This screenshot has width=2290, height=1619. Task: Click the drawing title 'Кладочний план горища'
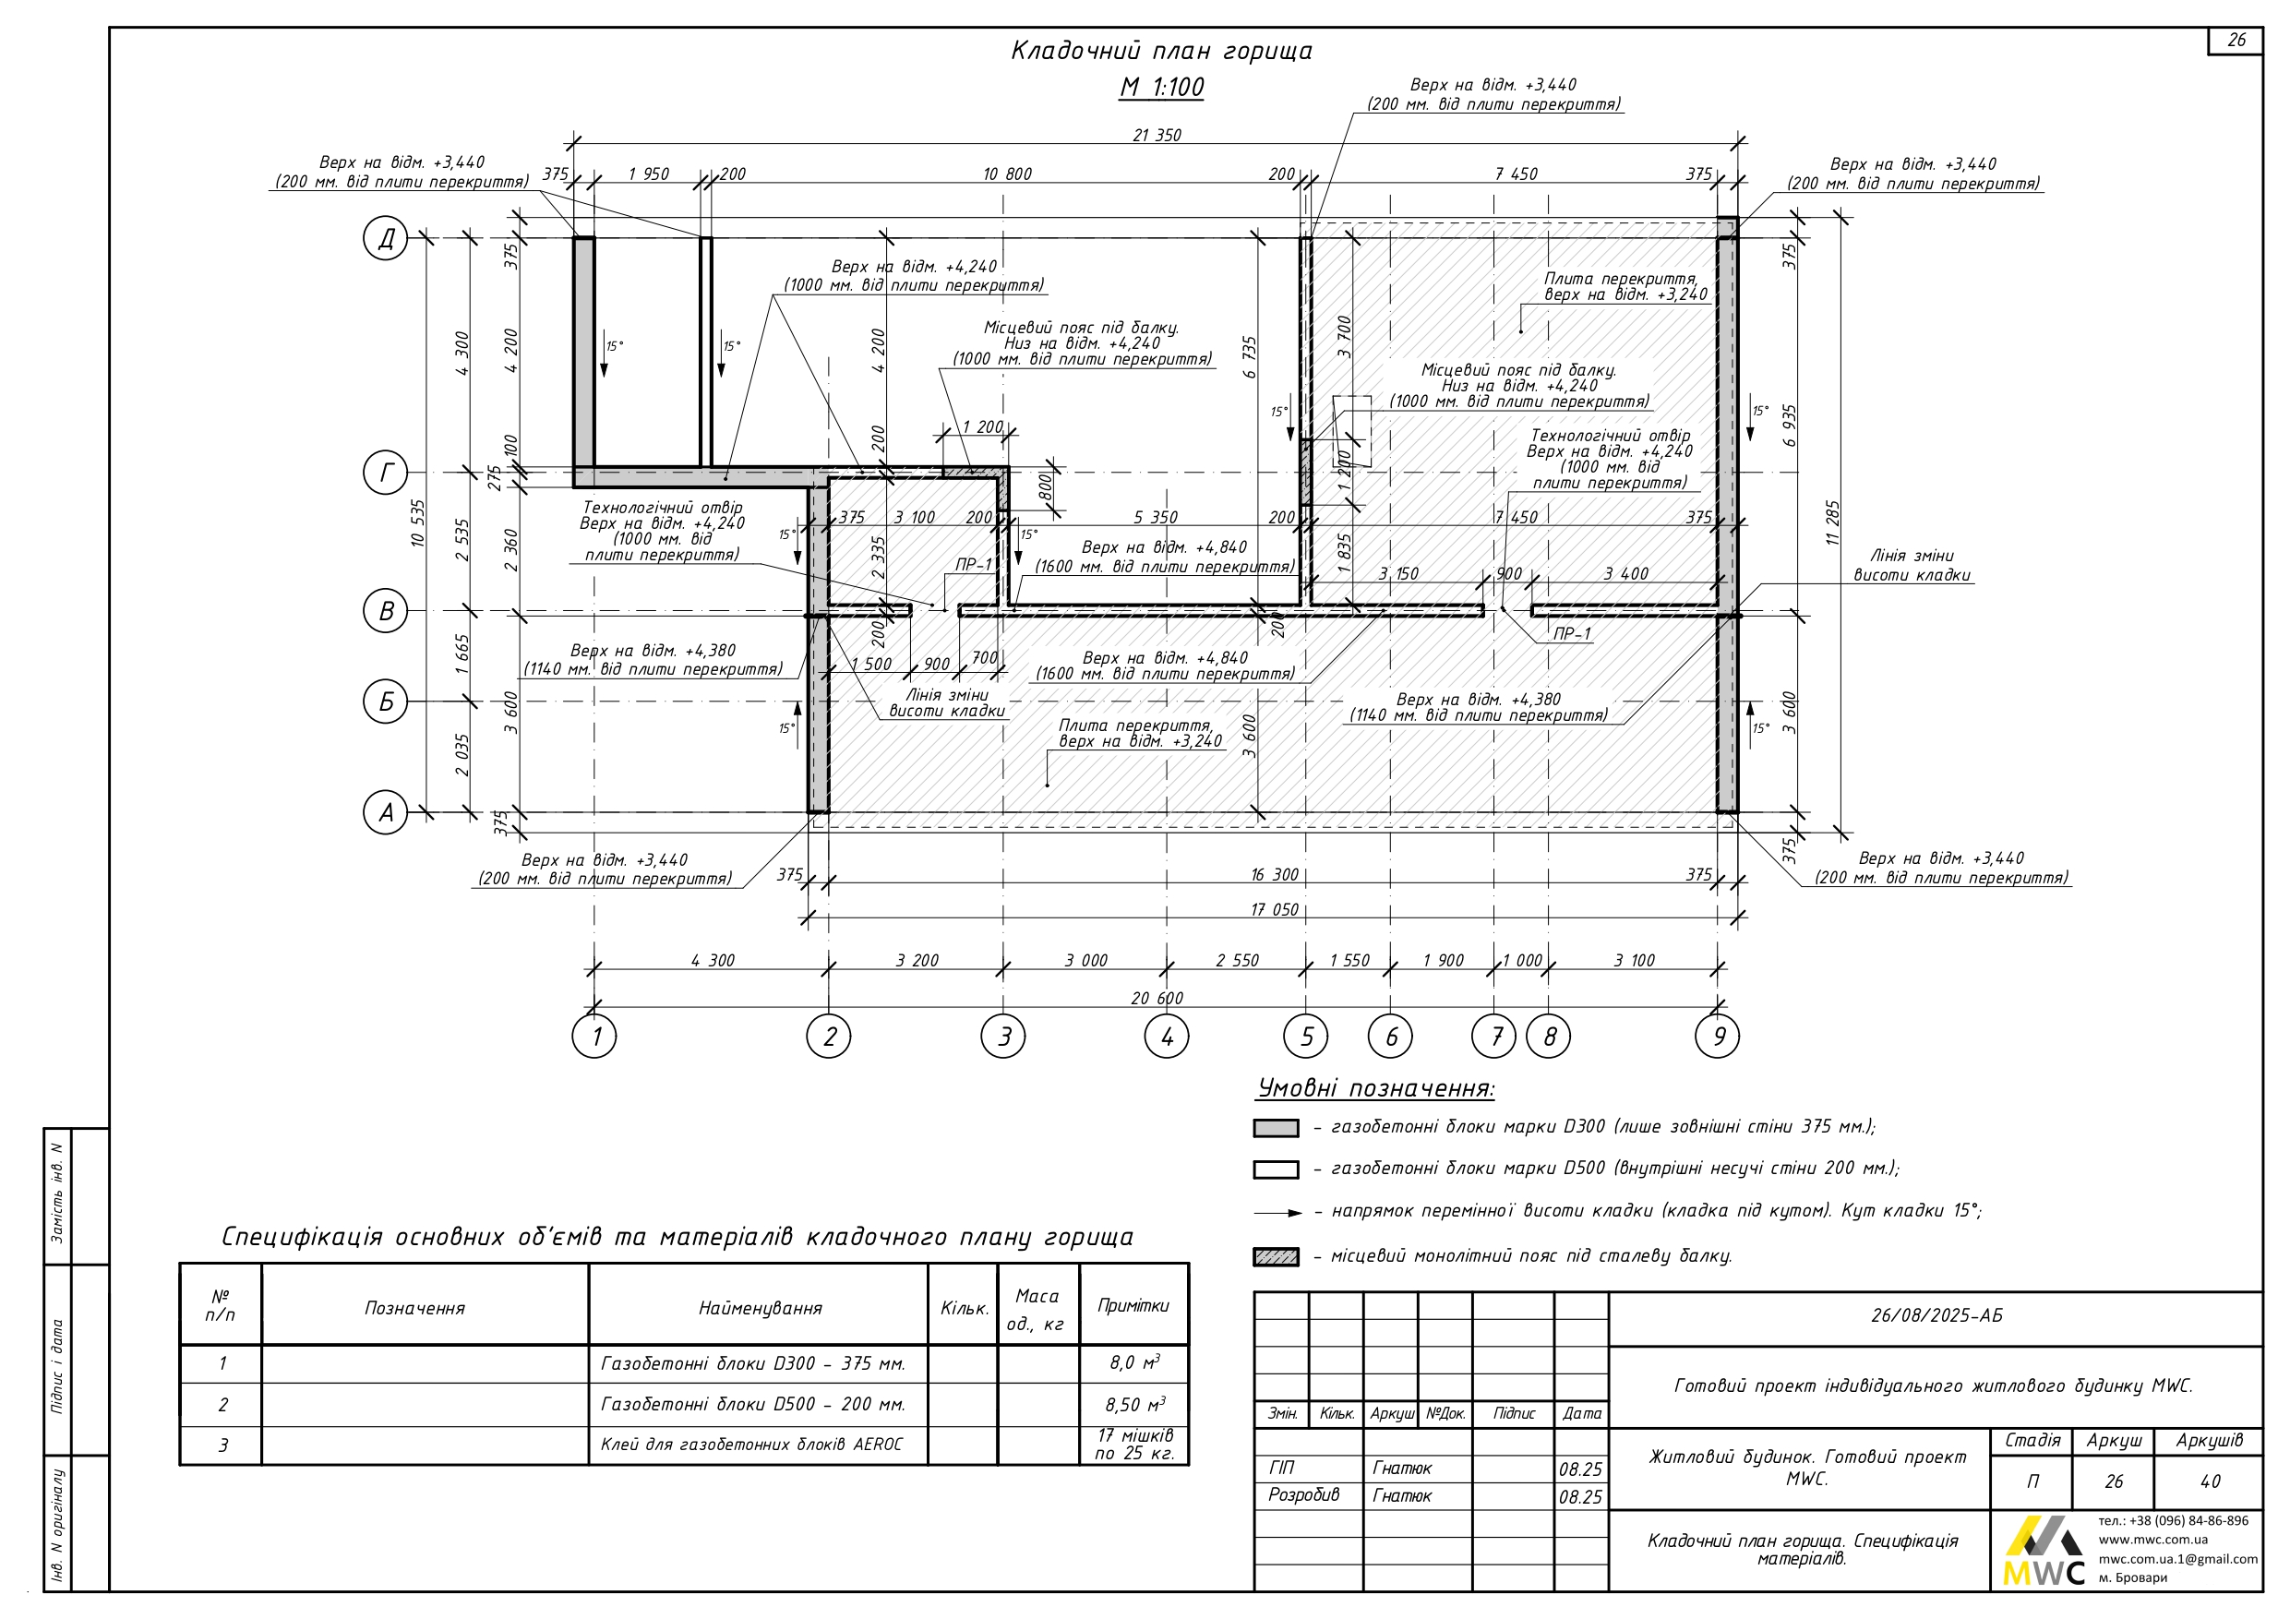coord(1161,51)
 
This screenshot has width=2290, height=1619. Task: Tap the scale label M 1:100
coord(1161,88)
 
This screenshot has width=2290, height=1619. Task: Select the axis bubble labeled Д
coord(386,238)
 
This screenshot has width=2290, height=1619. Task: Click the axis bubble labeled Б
coord(386,702)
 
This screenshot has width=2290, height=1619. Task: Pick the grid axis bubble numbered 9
coord(1718,1037)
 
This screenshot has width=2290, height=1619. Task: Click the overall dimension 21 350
coord(1157,136)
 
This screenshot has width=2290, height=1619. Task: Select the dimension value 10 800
coord(1006,174)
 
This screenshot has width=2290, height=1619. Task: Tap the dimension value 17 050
coord(1275,910)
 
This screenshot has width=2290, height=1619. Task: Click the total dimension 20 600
coord(1157,999)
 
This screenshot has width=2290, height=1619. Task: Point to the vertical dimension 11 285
coord(1832,522)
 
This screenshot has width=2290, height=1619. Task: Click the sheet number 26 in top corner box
coord(2236,41)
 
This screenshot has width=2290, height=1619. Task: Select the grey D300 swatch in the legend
coord(1276,1128)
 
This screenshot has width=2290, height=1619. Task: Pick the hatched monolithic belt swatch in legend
coord(1276,1257)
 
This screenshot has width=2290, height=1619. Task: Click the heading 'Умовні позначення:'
coord(1375,1088)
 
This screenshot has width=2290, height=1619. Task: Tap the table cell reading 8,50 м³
coord(1134,1405)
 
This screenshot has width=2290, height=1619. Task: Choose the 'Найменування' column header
coord(759,1308)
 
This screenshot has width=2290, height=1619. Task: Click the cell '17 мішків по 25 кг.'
coord(1134,1445)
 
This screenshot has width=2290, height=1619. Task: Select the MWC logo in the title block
coord(2043,1553)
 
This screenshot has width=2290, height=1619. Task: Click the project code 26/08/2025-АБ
coord(1936,1315)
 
